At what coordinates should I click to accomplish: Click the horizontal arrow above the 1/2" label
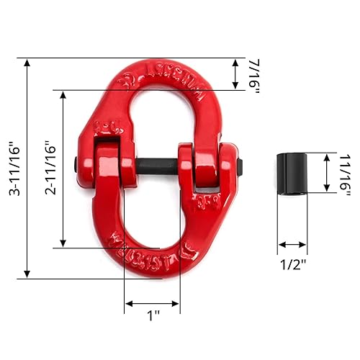[x=293, y=245]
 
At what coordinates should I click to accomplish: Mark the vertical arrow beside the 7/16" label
[x=236, y=73]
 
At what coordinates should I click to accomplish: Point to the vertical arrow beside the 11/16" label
[x=326, y=173]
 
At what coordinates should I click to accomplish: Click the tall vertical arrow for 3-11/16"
[x=27, y=168]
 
